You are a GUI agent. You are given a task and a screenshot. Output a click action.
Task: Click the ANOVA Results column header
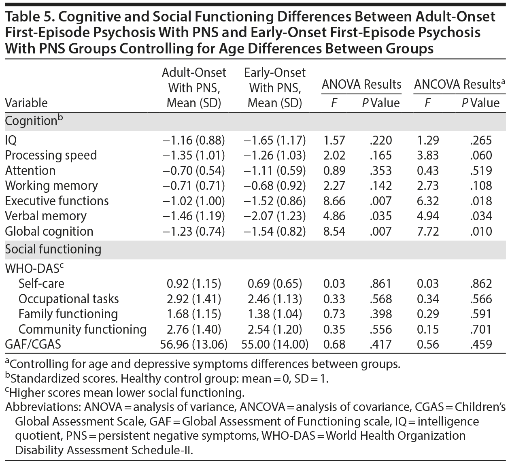[361, 84]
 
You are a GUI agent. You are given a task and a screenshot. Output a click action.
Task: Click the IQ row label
[11, 140]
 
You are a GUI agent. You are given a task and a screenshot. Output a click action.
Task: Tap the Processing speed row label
[51, 155]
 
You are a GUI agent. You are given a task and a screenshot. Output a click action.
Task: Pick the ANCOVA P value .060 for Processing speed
[481, 155]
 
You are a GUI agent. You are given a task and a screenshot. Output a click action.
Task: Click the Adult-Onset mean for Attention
[194, 170]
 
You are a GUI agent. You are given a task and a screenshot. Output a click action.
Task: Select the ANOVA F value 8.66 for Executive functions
[334, 201]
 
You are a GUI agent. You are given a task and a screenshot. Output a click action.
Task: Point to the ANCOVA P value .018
[481, 201]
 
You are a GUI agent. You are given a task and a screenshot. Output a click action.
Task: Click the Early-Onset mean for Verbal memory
[275, 216]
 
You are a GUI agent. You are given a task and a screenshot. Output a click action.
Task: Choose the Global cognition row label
[49, 231]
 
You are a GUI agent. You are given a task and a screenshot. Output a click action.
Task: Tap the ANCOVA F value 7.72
[428, 231]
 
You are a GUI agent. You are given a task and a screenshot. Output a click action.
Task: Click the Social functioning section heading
[53, 249]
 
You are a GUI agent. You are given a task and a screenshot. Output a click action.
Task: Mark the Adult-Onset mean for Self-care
[194, 283]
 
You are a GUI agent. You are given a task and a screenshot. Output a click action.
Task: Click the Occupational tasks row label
[69, 299]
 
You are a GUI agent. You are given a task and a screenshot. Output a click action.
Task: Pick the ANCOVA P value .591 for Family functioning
[481, 314]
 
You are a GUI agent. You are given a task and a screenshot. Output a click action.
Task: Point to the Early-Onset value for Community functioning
[275, 329]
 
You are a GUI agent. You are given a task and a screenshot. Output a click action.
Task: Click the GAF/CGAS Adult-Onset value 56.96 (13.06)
[194, 344]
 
